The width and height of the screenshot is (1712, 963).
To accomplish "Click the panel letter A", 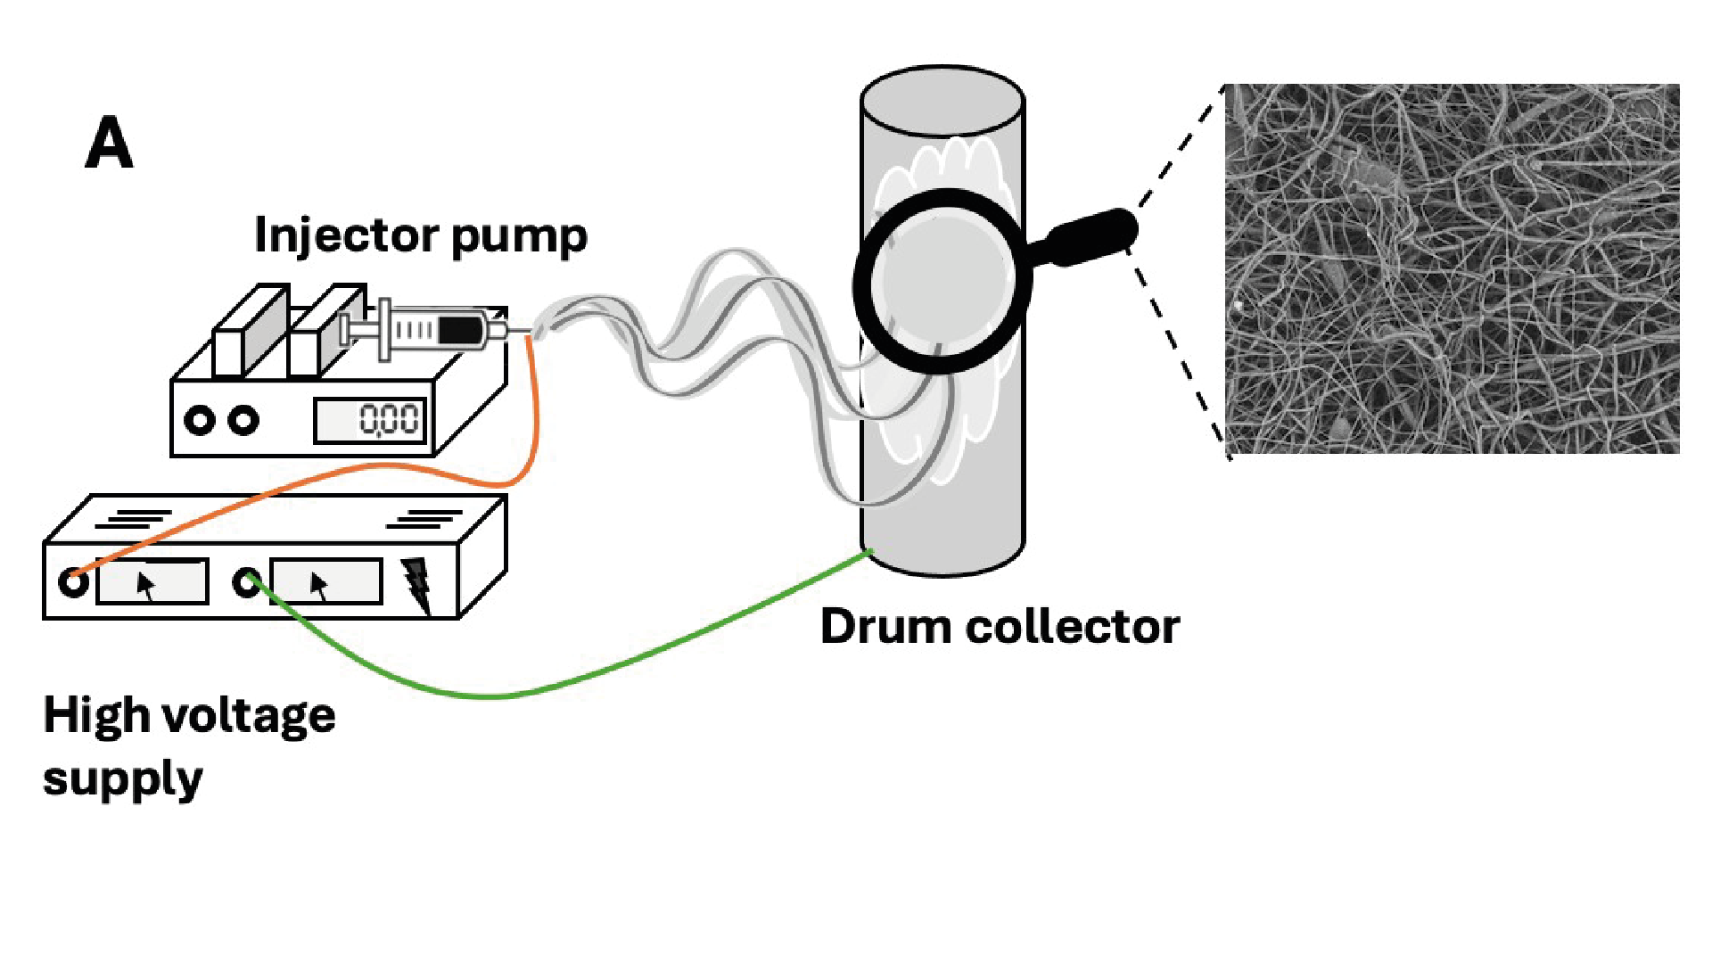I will click(x=109, y=144).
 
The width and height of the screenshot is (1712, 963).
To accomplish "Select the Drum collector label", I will click(x=1000, y=626).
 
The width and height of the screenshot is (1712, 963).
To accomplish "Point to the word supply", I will click(x=122, y=780).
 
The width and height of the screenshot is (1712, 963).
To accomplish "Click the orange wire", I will click(x=533, y=419).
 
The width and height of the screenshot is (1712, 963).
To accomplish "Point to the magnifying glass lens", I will click(x=942, y=281).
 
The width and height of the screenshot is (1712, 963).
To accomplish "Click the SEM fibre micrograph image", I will click(x=1452, y=268).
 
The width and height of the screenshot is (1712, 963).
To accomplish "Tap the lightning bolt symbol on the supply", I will click(x=416, y=584).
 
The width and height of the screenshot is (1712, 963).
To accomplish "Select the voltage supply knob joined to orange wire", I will click(x=73, y=582).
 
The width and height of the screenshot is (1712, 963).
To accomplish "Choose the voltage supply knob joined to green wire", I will click(x=247, y=582).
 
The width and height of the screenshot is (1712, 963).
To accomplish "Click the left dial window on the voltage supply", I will click(x=152, y=582).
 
